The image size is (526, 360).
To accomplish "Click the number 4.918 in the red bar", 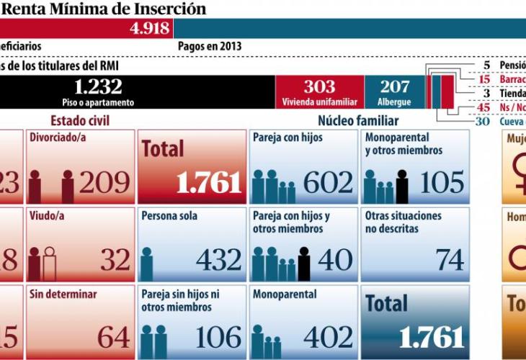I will point(150,29).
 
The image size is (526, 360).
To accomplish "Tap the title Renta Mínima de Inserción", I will point(104,9).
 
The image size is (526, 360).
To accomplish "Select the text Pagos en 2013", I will point(210,46).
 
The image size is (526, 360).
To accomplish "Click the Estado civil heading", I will point(80,120).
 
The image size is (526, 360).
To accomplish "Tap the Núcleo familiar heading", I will point(358,120).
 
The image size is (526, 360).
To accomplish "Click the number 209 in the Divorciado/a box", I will point(104,183).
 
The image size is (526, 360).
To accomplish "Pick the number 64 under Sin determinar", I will point(114,336).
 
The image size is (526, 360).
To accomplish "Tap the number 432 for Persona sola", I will point(218,259).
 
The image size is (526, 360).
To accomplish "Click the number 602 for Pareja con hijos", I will point(328,183).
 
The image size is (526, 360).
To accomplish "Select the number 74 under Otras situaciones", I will point(449,259).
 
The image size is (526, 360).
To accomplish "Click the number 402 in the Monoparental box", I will point(328,336).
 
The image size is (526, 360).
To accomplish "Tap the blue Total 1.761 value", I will point(429,336).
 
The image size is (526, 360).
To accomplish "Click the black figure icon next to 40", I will point(304,263).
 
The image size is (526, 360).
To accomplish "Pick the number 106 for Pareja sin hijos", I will point(218,336).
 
